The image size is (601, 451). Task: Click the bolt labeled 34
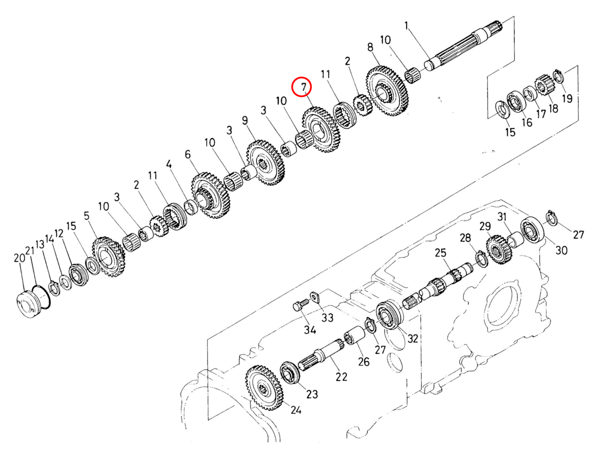coord(298,307)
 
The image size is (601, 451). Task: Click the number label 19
coord(566,99)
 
